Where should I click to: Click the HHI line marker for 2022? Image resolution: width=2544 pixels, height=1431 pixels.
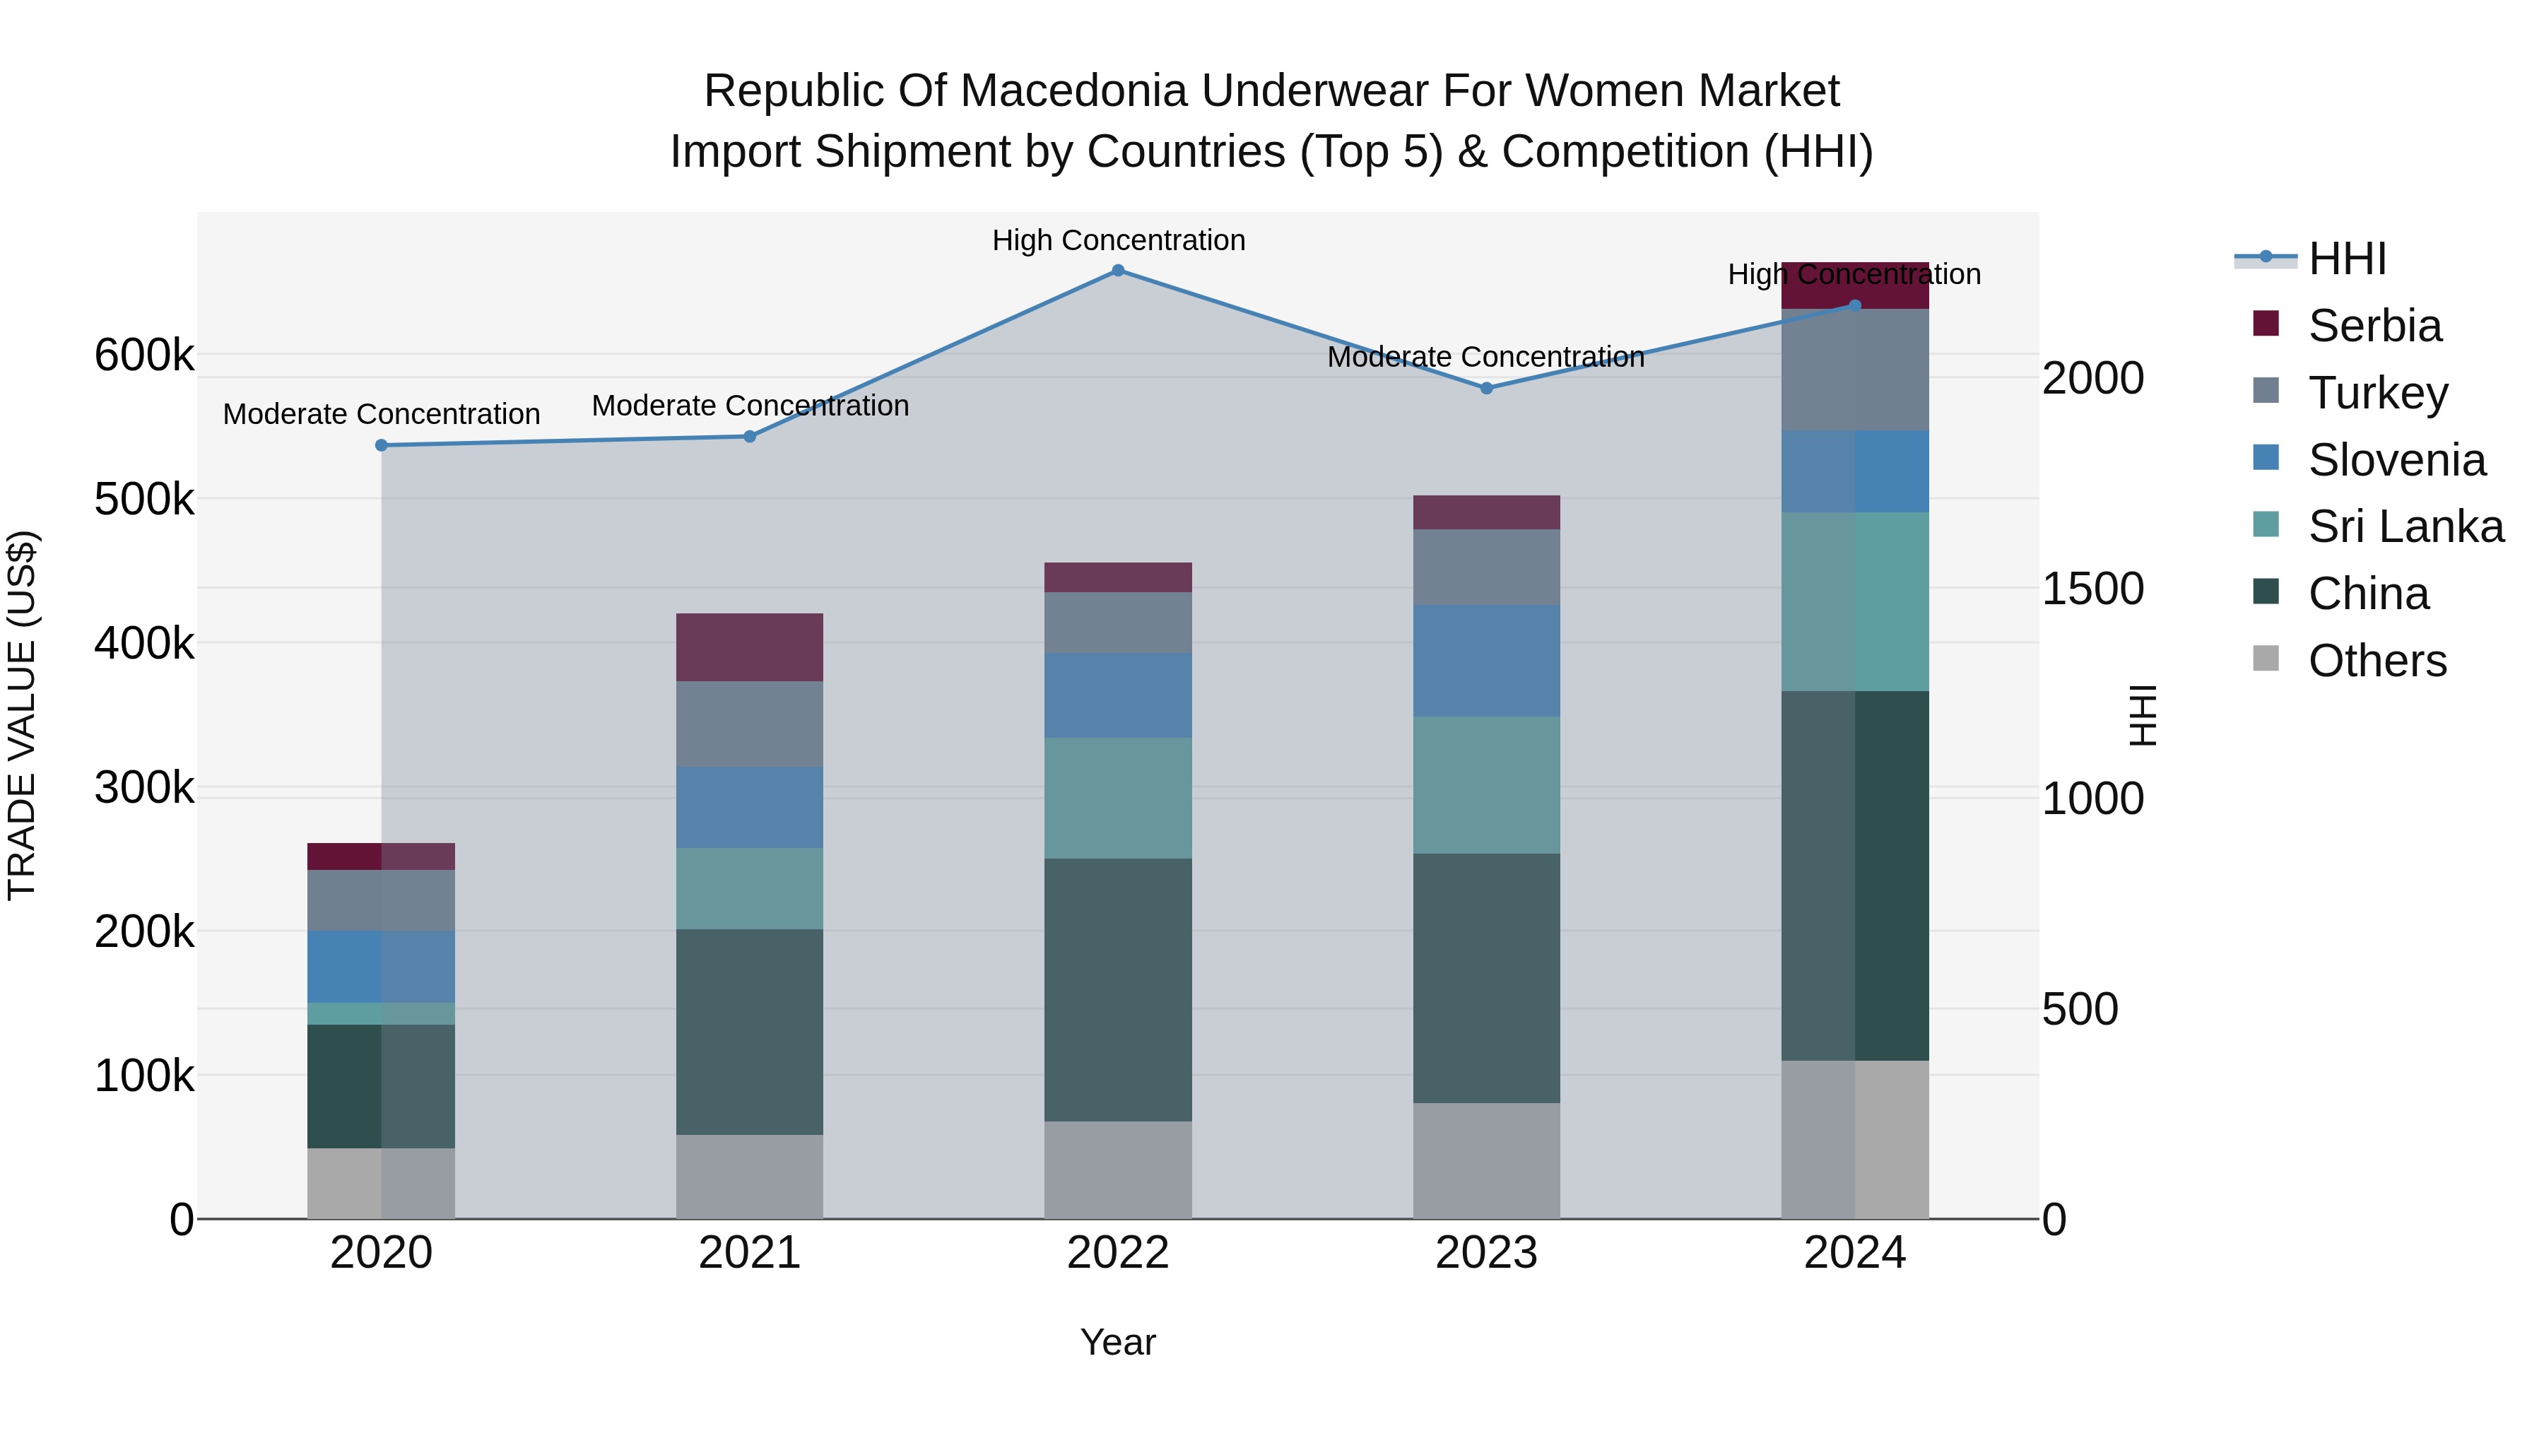1118,271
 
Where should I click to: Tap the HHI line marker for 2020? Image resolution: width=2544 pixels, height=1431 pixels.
381,445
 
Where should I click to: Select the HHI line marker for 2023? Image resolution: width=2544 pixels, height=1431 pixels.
1486,388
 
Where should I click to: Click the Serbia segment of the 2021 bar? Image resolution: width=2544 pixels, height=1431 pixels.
750,647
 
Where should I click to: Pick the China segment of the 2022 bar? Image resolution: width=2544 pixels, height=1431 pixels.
1118,989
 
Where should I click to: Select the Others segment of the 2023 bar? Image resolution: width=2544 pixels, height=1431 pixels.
1486,1160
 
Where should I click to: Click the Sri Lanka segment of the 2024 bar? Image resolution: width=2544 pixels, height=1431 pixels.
1855,601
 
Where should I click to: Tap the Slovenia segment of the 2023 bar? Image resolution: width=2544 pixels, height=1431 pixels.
1486,661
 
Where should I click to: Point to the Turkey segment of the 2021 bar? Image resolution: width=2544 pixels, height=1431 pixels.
750,724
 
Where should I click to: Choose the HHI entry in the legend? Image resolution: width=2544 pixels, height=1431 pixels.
2346,259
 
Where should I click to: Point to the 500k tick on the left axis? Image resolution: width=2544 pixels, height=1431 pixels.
144,500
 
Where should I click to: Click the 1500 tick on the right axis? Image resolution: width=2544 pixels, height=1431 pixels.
2092,589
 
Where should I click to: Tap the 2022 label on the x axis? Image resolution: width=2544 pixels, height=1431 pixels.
1118,1253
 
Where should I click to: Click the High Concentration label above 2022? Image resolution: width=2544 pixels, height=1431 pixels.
1118,240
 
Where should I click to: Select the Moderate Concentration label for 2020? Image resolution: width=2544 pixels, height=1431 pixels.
381,414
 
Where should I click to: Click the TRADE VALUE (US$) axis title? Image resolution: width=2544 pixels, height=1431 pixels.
23,715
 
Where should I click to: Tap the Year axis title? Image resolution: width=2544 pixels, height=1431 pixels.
1118,1342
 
